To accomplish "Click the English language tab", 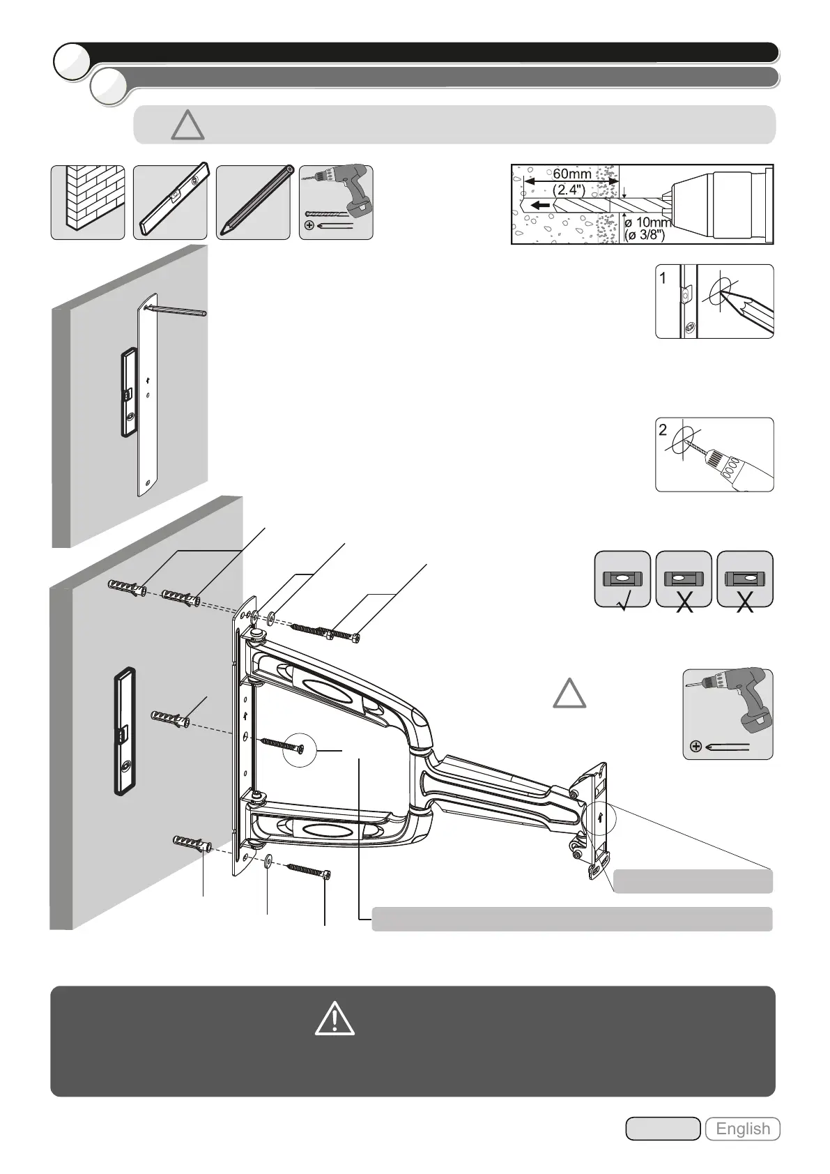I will pos(742,1129).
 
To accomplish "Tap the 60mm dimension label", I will pos(571,174).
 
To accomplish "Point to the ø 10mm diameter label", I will pos(647,222).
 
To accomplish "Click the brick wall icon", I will pos(88,202).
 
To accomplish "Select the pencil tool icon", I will pos(253,202).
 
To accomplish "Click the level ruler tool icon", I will pos(170,202).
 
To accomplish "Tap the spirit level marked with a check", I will pos(622,579).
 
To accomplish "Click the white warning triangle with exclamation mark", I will pos(335,1019).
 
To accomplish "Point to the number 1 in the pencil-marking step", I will pos(663,278).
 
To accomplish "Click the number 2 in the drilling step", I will pos(663,430).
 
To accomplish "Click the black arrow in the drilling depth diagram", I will pos(539,206).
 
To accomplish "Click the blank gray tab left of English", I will pos(662,1129).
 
